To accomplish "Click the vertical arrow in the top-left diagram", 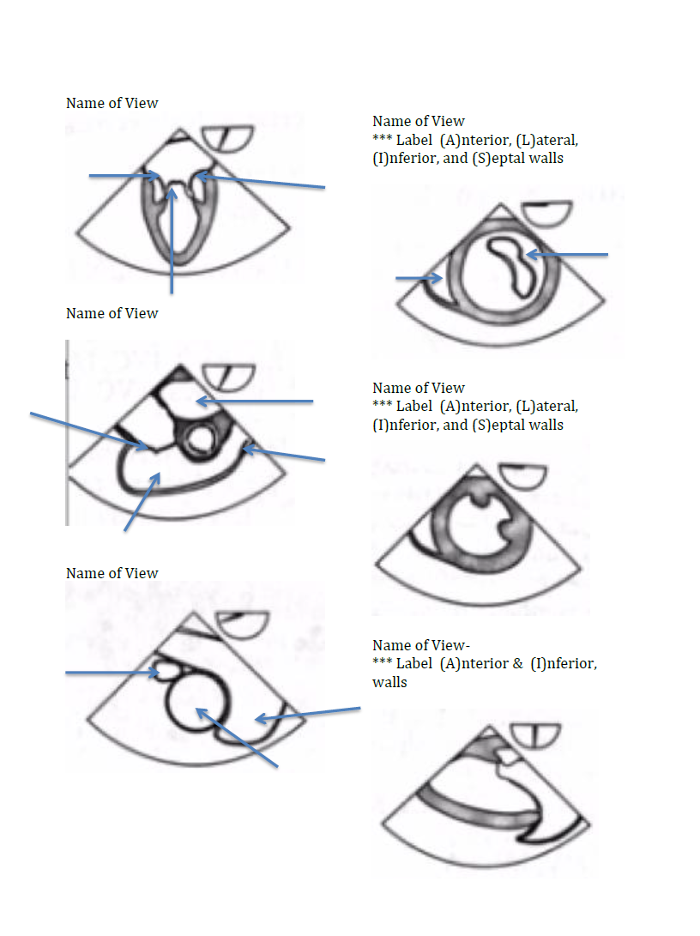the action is click(x=172, y=240).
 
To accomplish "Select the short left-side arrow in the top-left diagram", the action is click(x=124, y=176).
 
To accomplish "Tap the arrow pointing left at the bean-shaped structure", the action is click(x=567, y=255).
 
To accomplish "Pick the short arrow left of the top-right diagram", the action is click(x=419, y=278).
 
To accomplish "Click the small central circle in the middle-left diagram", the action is click(x=197, y=440).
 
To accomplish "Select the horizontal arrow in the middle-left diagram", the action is click(x=255, y=402).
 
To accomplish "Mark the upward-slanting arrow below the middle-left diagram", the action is click(x=142, y=501).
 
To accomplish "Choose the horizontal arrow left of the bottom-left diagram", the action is click(x=112, y=673).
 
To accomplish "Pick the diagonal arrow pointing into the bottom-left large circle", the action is click(x=237, y=738).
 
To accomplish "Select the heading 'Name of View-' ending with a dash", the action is click(x=421, y=645).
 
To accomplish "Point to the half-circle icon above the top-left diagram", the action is click(x=227, y=138).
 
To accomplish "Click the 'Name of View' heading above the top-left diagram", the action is click(x=112, y=103).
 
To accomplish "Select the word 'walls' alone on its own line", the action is click(x=389, y=682).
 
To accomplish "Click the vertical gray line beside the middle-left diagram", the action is click(x=68, y=432).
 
